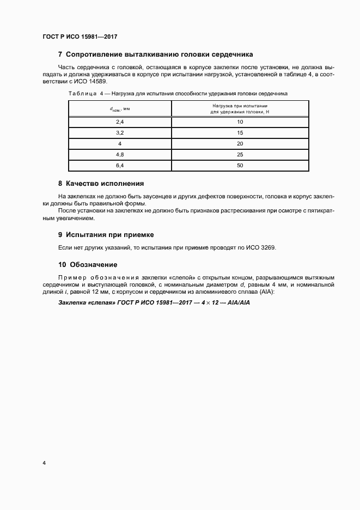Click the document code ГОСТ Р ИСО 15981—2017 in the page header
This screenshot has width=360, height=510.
pyautogui.click(x=80, y=37)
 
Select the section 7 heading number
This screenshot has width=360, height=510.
pyautogui.click(x=60, y=55)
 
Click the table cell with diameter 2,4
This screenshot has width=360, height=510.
pyautogui.click(x=120, y=122)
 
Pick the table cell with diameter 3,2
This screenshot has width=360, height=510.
pyautogui.click(x=120, y=133)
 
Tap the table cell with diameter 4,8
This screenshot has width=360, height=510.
pyautogui.click(x=120, y=154)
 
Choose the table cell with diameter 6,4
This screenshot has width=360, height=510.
pyautogui.click(x=120, y=165)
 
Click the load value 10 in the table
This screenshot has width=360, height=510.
pyautogui.click(x=240, y=122)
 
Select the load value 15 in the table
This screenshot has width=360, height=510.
pyautogui.click(x=240, y=133)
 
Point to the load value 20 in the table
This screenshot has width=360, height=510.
pyautogui.click(x=240, y=144)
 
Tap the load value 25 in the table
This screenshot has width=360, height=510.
pyautogui.click(x=240, y=154)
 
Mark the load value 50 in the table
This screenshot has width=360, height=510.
pyautogui.click(x=240, y=165)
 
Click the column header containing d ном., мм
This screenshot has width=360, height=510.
pyautogui.click(x=120, y=109)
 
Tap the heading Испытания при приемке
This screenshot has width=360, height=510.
pyautogui.click(x=110, y=235)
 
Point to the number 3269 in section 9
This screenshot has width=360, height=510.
pyautogui.click(x=267, y=248)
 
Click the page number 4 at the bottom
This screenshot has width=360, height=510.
pyautogui.click(x=44, y=463)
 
